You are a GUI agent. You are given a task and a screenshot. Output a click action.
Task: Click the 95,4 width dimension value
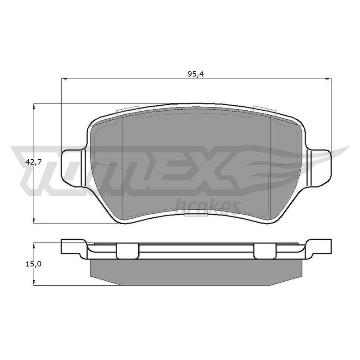coord(196,74)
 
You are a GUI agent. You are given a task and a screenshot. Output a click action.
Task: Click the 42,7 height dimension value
coord(33,162)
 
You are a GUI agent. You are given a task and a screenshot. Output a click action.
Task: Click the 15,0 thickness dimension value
coord(33,264)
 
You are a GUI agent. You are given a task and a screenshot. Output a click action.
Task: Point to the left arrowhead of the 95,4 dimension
coord(64,79)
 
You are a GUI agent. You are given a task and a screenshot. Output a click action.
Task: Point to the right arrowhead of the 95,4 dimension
coord(329,79)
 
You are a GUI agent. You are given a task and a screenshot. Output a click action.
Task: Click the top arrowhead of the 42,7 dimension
coord(34,106)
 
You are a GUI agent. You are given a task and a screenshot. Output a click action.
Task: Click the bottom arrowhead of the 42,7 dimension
coord(34,220)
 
